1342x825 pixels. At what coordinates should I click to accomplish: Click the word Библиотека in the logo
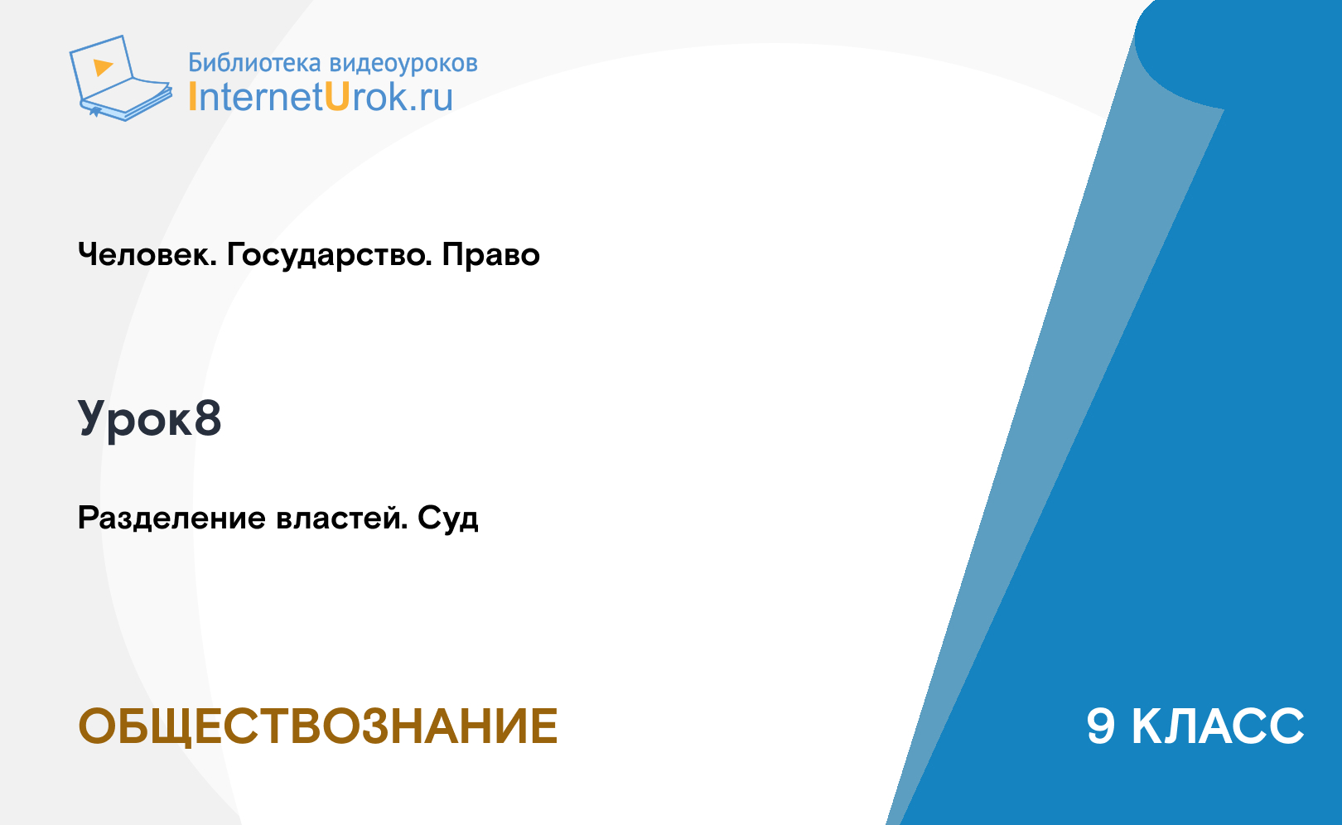tap(254, 63)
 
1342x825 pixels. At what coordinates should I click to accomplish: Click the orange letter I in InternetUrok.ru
tap(192, 97)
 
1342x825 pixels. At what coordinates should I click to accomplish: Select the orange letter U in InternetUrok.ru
tap(337, 97)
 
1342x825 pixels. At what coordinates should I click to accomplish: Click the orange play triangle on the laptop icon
tap(103, 67)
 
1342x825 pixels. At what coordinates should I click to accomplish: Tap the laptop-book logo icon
tap(121, 78)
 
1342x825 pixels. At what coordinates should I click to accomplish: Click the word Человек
tap(147, 255)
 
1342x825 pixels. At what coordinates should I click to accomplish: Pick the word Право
tap(490, 255)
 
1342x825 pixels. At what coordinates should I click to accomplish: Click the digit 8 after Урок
tap(207, 417)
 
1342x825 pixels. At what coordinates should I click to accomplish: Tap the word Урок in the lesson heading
tap(135, 420)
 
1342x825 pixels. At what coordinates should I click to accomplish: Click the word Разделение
tap(171, 519)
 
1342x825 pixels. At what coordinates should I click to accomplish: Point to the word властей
tap(341, 519)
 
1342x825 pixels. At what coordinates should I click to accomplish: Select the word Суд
tap(448, 519)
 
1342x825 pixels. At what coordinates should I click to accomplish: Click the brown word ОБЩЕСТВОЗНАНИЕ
tap(317, 727)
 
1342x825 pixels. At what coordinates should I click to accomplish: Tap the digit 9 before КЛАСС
tap(1100, 726)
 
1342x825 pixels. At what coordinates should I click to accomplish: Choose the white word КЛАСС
tap(1218, 726)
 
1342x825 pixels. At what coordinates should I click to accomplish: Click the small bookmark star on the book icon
tap(94, 111)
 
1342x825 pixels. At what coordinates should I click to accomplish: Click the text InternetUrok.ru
tap(321, 98)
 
